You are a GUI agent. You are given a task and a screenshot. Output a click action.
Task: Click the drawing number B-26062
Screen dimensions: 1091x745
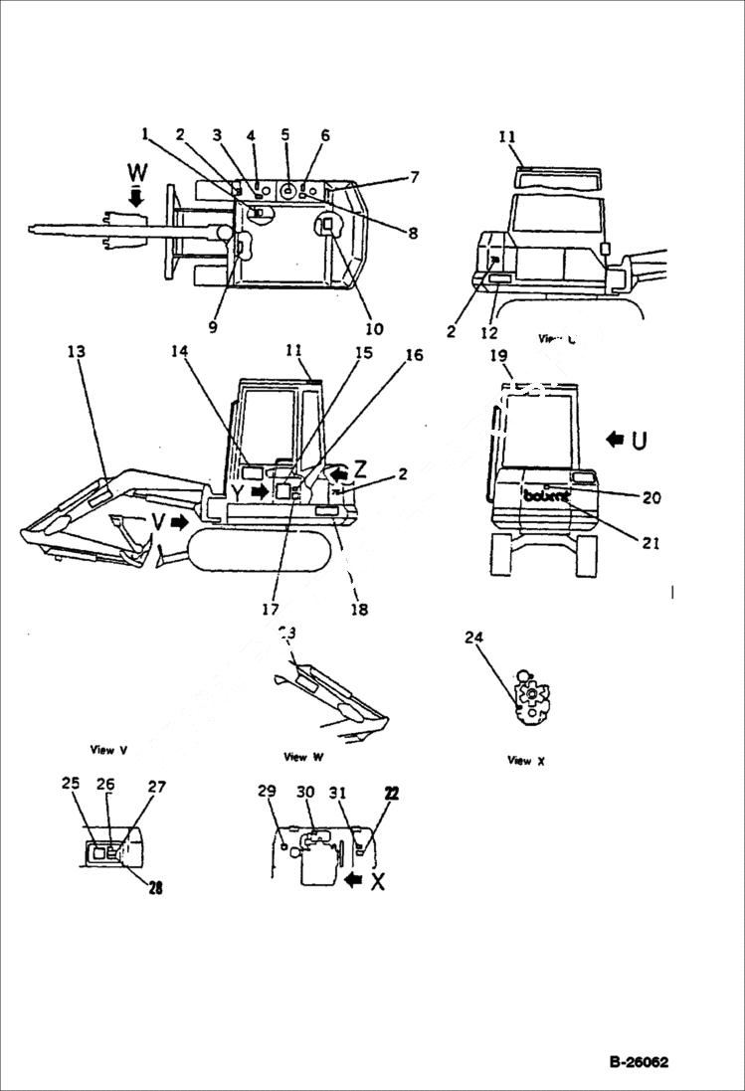[x=639, y=1062]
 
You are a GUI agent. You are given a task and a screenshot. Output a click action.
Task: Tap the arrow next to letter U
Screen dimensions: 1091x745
[x=616, y=439]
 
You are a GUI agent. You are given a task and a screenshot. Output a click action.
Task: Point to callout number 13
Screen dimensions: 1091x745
[x=77, y=351]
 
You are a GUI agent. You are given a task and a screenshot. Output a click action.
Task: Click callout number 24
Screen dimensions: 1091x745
[x=473, y=637]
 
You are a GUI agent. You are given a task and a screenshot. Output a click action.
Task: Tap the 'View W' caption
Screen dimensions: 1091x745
[x=303, y=757]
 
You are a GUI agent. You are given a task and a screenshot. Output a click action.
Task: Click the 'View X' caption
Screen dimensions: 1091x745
[x=526, y=761]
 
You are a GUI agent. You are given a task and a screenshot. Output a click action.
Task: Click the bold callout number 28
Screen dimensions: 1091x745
[x=154, y=888]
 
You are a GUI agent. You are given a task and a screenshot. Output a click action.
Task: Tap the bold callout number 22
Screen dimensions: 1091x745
[x=391, y=792]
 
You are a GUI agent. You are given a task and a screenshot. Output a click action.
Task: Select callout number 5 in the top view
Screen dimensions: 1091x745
[x=285, y=135]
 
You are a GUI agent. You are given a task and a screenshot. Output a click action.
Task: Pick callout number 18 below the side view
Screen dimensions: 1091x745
[x=359, y=610]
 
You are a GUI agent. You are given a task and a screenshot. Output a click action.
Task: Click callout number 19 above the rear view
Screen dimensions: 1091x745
[x=498, y=354]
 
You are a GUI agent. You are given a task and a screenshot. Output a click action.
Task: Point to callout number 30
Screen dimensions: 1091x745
[x=305, y=792]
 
